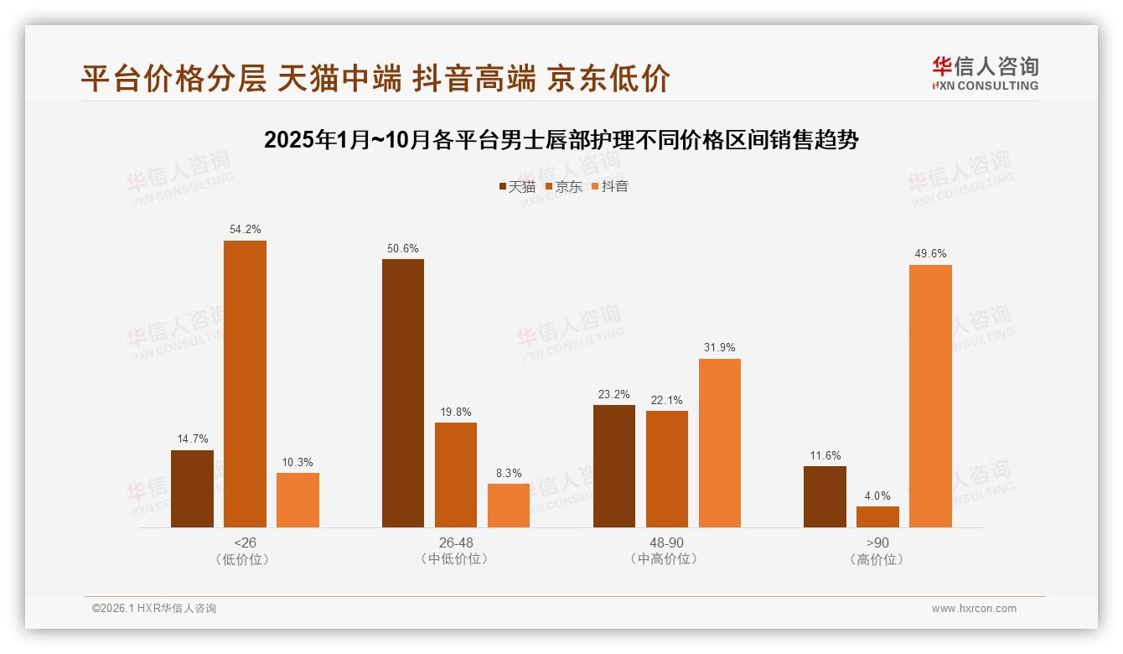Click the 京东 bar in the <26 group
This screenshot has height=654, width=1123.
[x=245, y=384]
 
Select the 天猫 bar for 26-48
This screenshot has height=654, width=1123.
[x=403, y=393]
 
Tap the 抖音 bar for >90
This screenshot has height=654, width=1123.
[x=930, y=396]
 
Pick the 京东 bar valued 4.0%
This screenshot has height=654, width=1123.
[x=877, y=516]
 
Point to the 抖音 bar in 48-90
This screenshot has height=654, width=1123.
[x=720, y=443]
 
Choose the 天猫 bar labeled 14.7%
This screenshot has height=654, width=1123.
[x=192, y=489]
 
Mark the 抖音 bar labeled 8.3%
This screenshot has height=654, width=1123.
[x=509, y=506]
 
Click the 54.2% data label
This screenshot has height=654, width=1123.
[x=245, y=229]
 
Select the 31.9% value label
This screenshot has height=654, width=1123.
[x=720, y=347]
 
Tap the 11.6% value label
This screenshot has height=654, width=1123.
[x=825, y=455]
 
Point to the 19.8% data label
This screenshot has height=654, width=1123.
[x=456, y=412]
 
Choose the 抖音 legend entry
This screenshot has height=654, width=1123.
[x=609, y=187]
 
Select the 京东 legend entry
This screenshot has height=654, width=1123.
[x=563, y=187]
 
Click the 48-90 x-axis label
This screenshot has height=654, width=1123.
[x=667, y=542]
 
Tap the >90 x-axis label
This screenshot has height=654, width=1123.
[x=877, y=542]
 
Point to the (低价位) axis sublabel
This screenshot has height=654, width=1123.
[x=245, y=559]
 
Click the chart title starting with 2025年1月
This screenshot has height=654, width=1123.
[x=561, y=140]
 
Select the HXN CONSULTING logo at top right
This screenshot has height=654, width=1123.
[x=986, y=73]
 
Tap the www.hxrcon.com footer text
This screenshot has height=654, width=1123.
[x=974, y=609]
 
